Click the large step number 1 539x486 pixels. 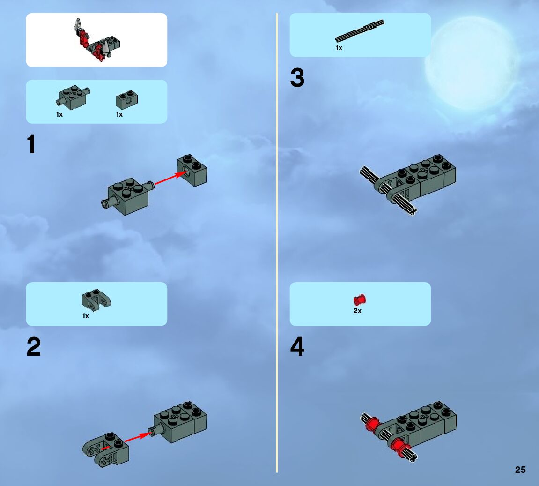point(31,144)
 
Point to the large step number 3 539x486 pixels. point(297,77)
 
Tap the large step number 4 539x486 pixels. point(297,346)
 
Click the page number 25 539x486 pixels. point(520,470)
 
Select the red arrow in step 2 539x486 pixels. point(138,438)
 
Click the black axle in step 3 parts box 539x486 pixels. point(360,30)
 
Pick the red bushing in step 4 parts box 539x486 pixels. point(360,300)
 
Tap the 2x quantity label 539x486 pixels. point(357,311)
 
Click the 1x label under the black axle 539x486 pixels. point(339,48)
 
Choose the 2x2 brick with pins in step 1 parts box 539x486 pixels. point(73,97)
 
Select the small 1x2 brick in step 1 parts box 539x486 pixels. point(127,99)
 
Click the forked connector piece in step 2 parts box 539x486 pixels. point(96,299)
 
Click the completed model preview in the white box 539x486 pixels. point(96,41)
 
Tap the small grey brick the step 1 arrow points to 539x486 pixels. point(192,170)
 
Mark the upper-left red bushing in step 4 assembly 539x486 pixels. point(372,423)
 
